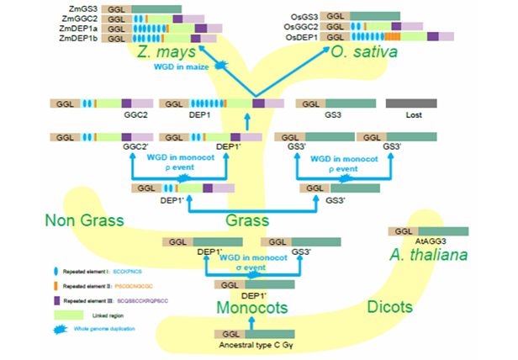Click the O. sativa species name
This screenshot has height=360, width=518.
(x=362, y=54)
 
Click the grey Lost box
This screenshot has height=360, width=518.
(x=410, y=103)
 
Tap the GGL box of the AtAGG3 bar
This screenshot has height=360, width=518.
(x=400, y=231)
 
